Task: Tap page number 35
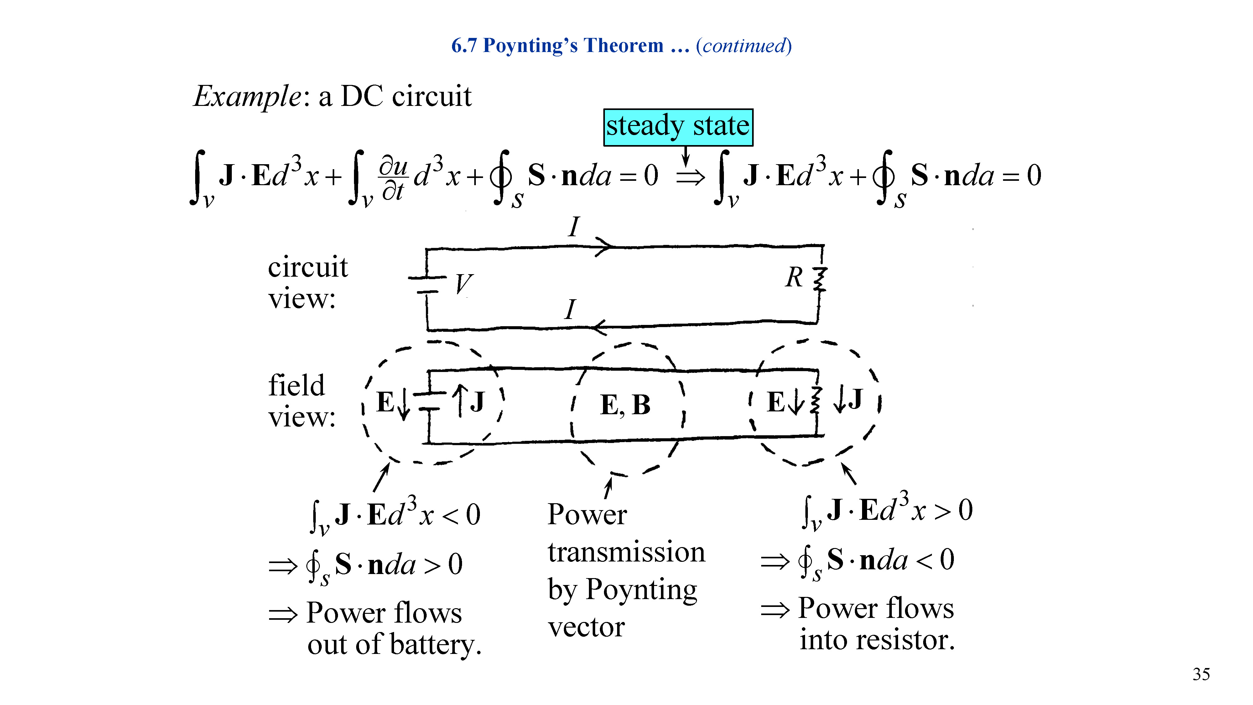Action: coord(1201,674)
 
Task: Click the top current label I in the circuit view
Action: coord(574,227)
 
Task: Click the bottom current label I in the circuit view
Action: coord(570,310)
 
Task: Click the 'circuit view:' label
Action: coord(307,282)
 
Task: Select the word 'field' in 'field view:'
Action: coord(296,385)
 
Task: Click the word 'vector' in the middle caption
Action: coord(586,628)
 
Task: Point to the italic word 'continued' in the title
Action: coord(744,46)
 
